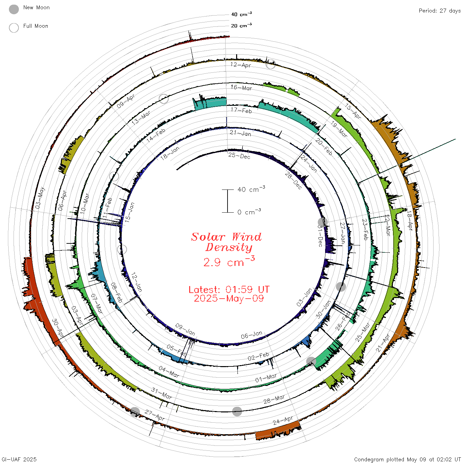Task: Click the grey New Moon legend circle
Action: tap(14, 9)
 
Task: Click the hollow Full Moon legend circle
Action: tap(14, 28)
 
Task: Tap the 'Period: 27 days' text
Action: tap(440, 11)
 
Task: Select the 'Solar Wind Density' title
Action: tap(226, 242)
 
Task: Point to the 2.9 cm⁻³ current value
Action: tap(229, 261)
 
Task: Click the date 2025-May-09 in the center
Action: tap(229, 299)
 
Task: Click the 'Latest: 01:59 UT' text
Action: tap(229, 289)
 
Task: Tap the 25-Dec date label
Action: tap(239, 156)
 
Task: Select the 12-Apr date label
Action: tap(240, 65)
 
